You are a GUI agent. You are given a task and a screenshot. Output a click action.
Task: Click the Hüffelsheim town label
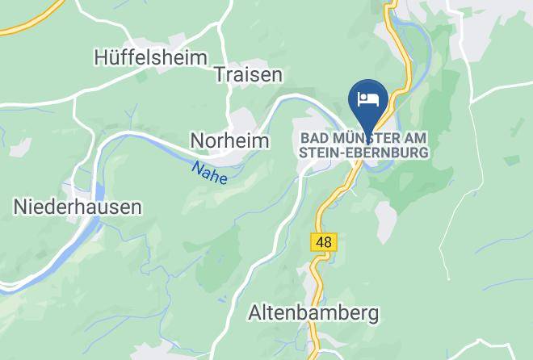coord(150,58)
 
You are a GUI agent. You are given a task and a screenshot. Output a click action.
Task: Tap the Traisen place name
coord(248,75)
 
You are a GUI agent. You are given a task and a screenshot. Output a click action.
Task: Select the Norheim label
coord(229,140)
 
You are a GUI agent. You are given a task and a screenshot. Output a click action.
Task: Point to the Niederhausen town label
coord(78,207)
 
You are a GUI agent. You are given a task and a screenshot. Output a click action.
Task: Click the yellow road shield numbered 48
coord(324,241)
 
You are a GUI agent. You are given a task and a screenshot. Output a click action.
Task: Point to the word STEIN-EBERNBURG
coord(363,151)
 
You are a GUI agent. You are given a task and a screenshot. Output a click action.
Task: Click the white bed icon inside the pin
coord(368,98)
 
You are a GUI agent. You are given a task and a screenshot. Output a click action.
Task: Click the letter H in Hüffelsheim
coord(101,58)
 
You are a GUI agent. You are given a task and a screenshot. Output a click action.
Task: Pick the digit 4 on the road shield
coord(320,241)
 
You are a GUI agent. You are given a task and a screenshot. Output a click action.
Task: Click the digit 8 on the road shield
coord(328,241)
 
